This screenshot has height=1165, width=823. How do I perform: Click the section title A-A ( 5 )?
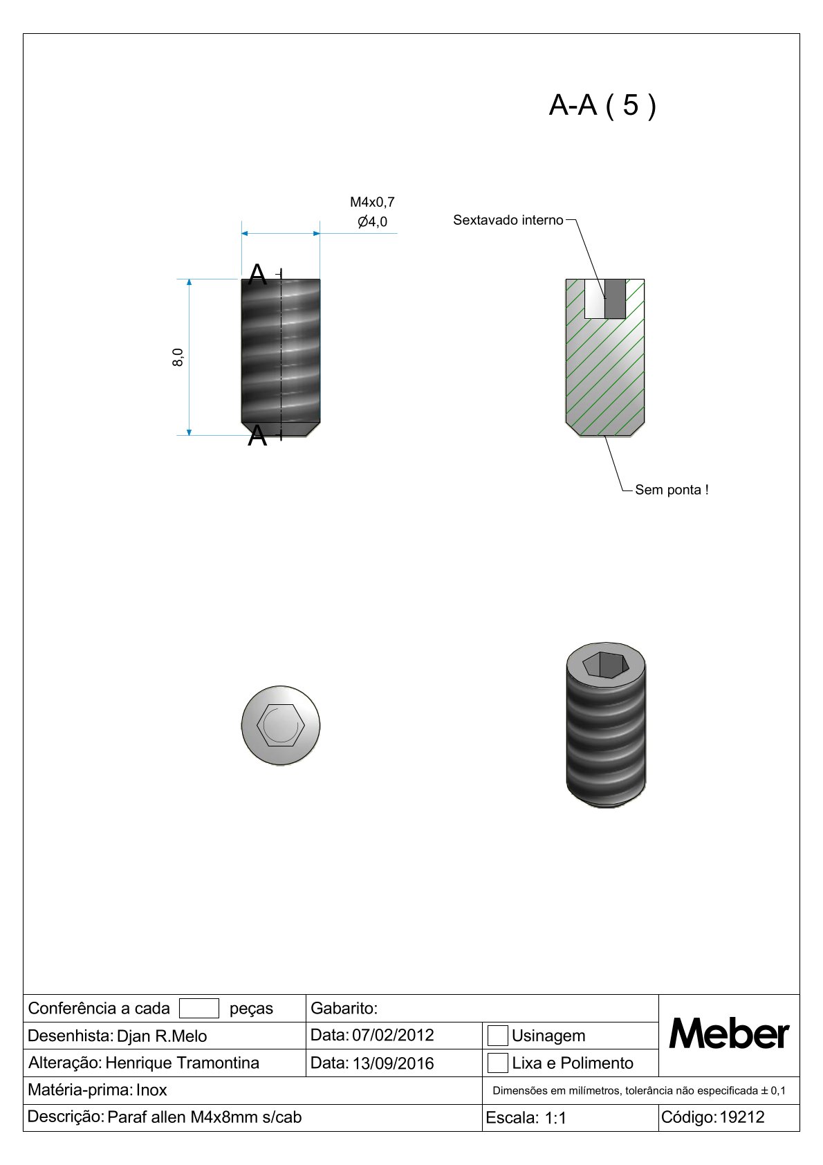602,106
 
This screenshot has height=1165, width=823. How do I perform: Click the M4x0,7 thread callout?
372,202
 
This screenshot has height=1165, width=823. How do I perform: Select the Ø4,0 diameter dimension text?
372,222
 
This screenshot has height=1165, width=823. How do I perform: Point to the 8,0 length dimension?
178,357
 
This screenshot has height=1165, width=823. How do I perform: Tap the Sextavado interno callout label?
508,220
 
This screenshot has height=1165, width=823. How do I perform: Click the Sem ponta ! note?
671,490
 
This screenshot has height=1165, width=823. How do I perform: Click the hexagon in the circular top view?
280,725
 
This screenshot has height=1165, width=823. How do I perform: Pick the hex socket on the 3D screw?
605,665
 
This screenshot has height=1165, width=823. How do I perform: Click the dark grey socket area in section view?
616,298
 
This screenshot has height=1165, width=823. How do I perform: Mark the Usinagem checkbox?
498,1036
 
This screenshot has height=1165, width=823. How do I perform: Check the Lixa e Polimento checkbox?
498,1063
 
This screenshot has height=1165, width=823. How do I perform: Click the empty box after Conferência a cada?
198,1008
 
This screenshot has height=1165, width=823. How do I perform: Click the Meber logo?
729,1034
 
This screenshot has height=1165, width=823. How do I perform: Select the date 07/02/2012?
393,1035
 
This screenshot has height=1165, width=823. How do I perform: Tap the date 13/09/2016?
393,1063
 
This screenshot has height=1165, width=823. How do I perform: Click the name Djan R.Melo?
162,1036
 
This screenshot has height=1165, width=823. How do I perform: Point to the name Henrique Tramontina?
182,1063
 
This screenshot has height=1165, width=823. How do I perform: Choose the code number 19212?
742,1117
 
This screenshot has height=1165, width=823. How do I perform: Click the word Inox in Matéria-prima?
151,1090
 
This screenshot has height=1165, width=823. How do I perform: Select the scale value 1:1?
555,1118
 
